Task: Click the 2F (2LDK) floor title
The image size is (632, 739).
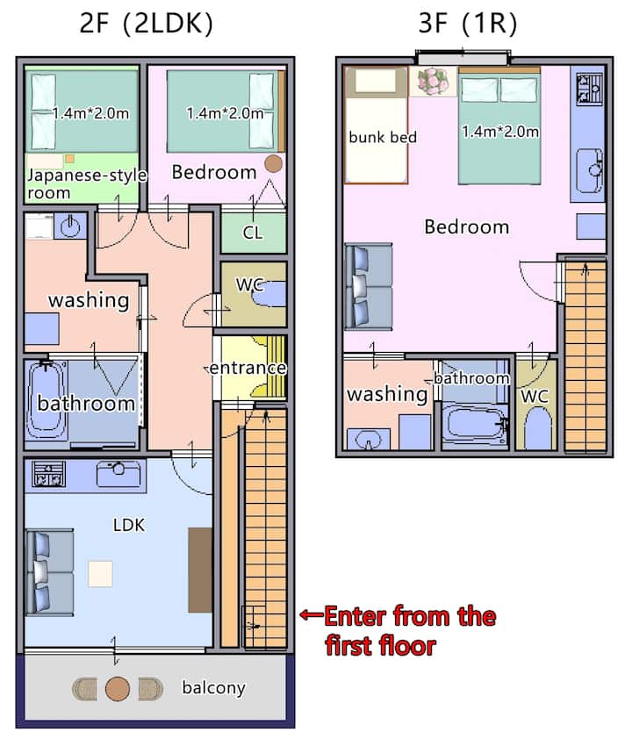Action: (146, 24)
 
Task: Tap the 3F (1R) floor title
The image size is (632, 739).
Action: (468, 24)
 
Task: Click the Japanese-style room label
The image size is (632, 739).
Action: (87, 183)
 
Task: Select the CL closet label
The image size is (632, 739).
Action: (253, 233)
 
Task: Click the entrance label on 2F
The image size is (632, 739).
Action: (248, 368)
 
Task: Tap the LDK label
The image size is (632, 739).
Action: (129, 525)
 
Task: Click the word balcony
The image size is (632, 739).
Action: (213, 687)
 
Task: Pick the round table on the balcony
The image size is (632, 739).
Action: (118, 689)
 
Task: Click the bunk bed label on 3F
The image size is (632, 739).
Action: (383, 137)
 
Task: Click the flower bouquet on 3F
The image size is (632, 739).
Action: (433, 81)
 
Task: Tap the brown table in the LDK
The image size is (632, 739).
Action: (200, 570)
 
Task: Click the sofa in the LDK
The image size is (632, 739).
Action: (50, 572)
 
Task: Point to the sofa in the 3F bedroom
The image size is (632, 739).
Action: (369, 286)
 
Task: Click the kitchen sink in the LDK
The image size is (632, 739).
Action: (118, 474)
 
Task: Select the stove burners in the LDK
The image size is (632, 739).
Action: (48, 474)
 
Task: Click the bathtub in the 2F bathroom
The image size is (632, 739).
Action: (47, 401)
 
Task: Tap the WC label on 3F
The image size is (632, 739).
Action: (535, 396)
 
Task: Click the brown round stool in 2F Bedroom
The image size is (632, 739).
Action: (273, 163)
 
